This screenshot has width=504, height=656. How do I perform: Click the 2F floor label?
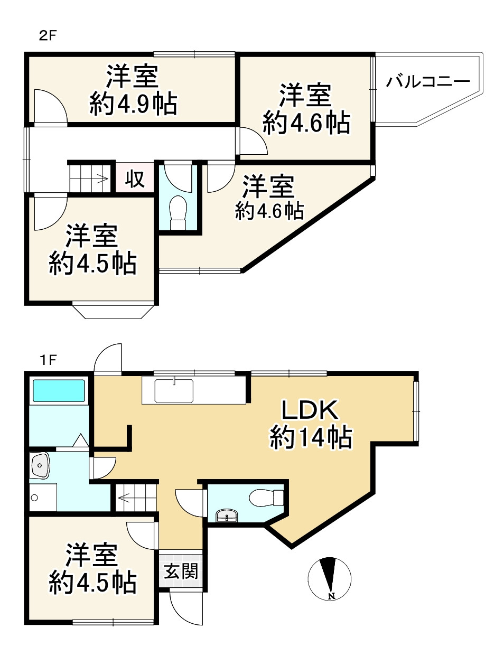[48, 36]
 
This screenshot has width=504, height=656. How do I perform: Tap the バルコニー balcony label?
[428, 82]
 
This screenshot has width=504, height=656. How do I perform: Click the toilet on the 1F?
[265, 498]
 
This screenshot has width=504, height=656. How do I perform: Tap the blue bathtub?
[59, 390]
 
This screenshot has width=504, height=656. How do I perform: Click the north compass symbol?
[330, 579]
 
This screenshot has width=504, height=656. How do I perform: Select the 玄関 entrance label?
[181, 571]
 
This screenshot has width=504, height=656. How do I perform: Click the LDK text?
[309, 410]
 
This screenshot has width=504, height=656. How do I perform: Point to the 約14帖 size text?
[311, 437]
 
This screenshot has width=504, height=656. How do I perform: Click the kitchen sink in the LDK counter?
[174, 390]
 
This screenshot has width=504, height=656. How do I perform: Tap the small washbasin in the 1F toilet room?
[228, 516]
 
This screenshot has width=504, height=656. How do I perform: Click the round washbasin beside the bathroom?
[41, 465]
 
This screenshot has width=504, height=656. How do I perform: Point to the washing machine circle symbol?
[35, 498]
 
